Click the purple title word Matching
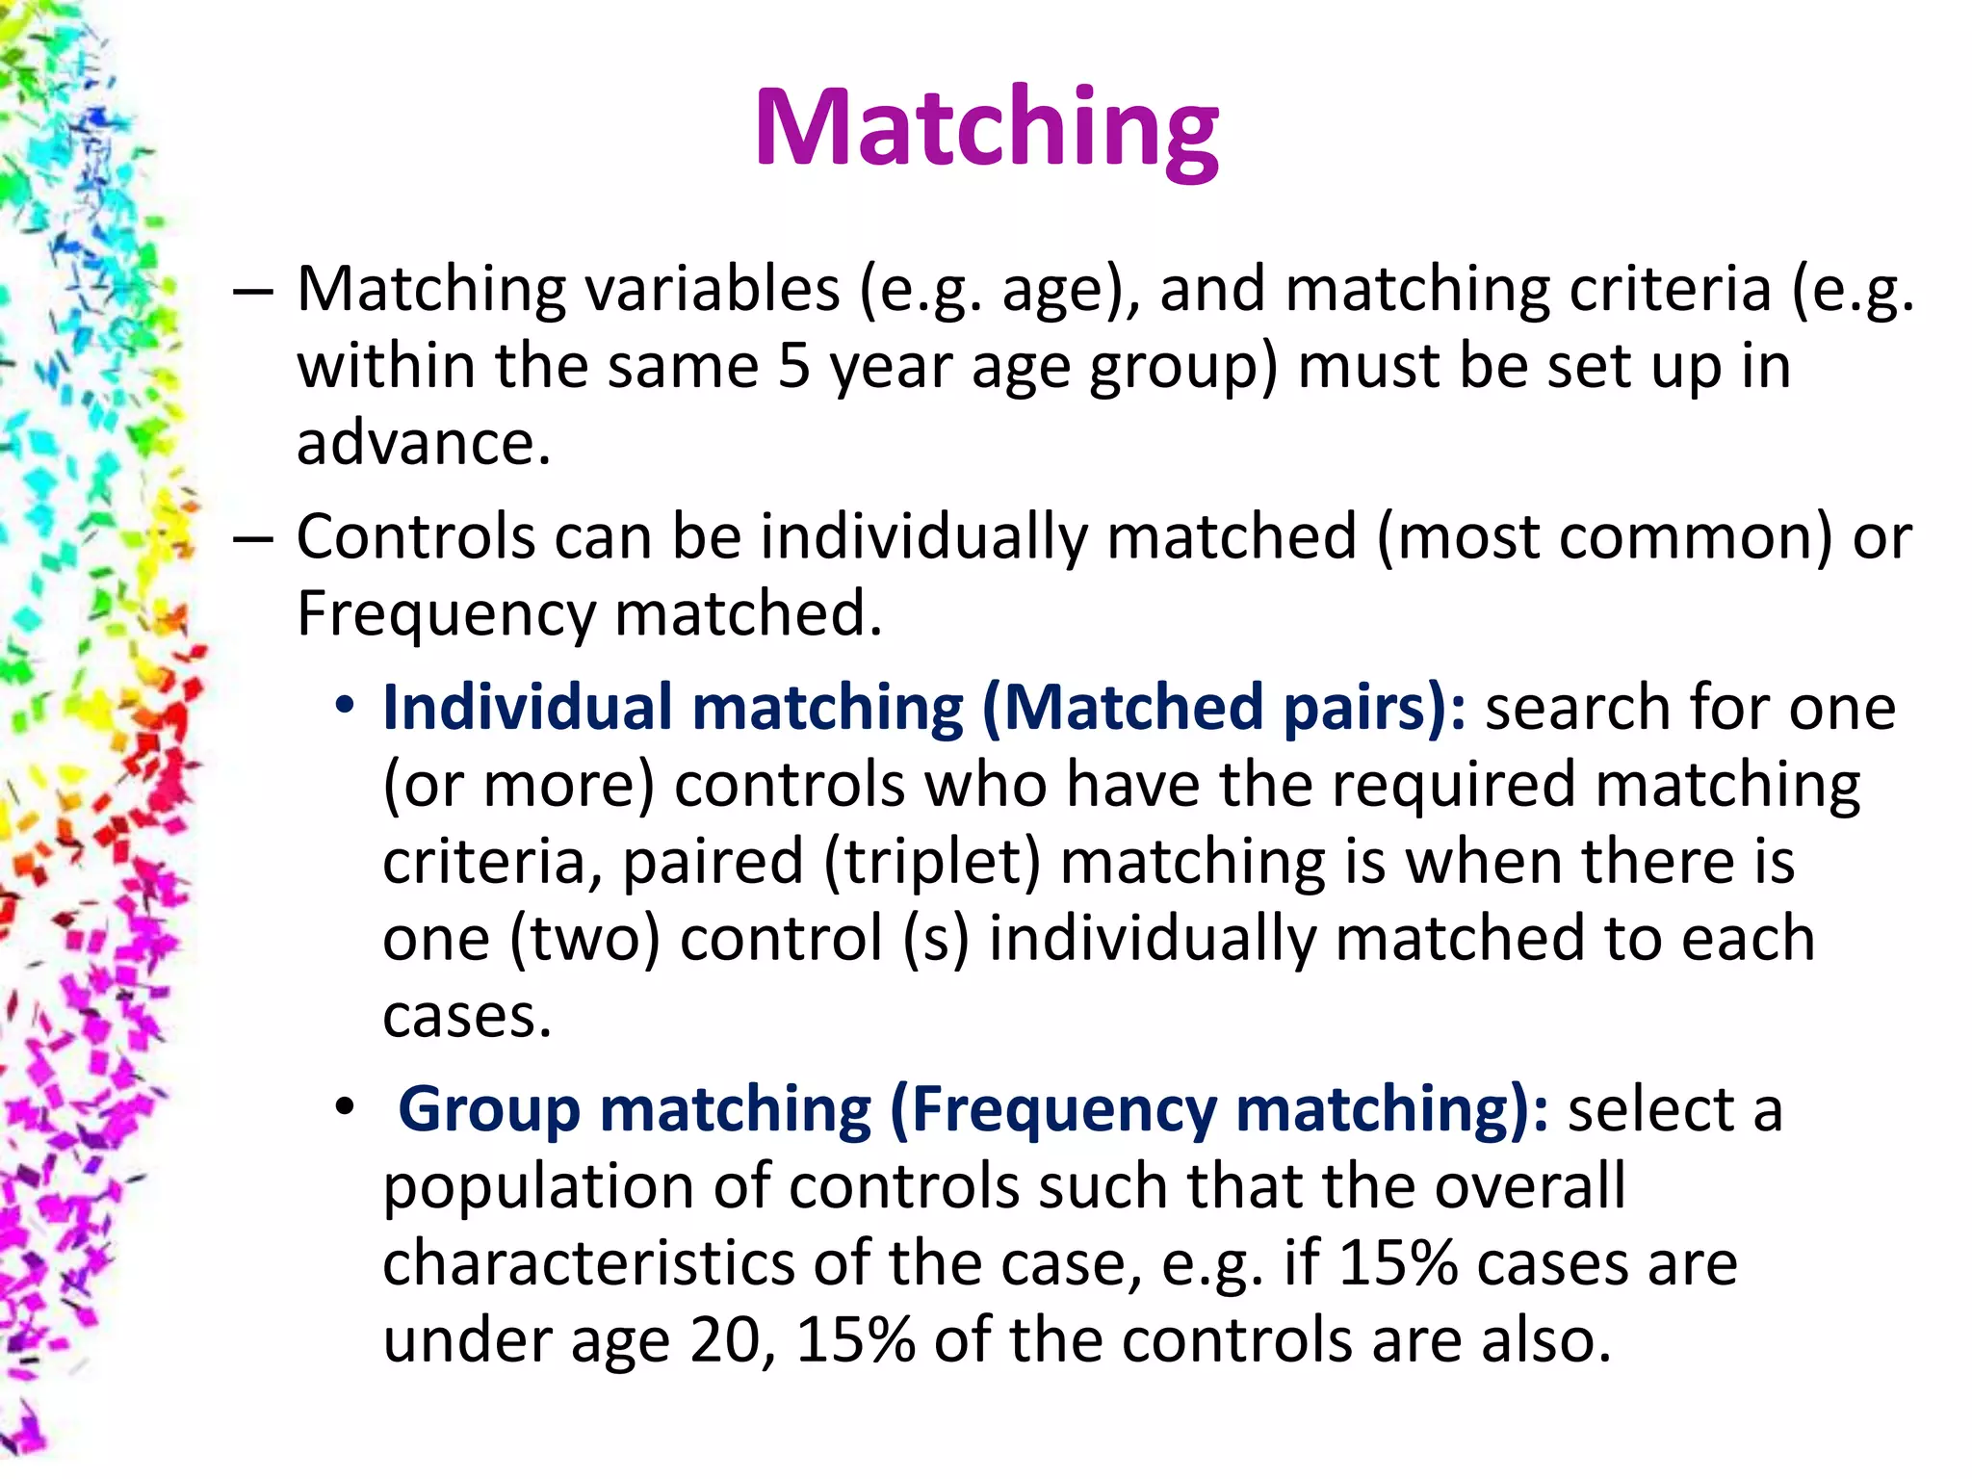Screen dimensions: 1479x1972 tap(986, 130)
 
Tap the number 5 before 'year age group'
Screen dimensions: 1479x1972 tap(794, 366)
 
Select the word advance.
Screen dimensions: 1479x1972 tap(424, 443)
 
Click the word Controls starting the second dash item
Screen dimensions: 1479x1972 tap(415, 536)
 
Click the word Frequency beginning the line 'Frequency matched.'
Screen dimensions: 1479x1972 tap(446, 614)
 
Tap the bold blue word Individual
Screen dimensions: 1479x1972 tap(527, 708)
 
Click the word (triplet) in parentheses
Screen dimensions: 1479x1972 tap(931, 862)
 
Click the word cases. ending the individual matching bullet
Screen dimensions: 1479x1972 tap(467, 1017)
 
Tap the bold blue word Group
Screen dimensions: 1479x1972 tap(488, 1109)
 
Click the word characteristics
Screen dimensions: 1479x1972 tap(588, 1263)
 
